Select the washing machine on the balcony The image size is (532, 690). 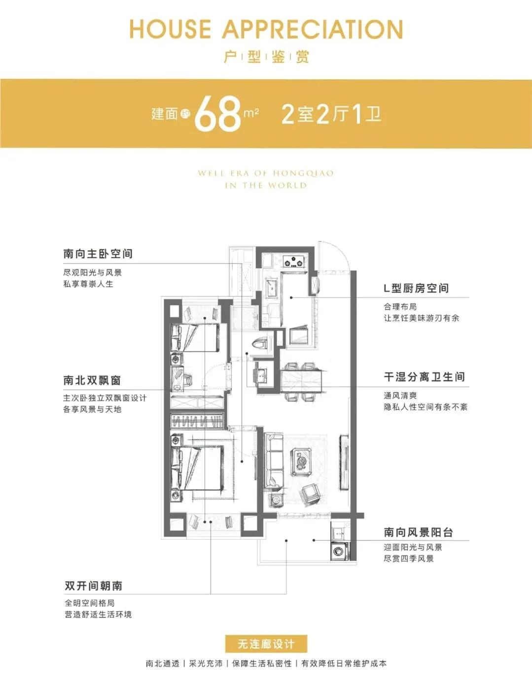[339, 550]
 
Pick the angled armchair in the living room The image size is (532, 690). [311, 493]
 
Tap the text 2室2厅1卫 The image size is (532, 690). [331, 114]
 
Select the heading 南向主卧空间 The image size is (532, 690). [98, 254]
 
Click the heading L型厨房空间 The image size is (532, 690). [416, 289]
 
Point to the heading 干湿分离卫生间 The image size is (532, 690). [424, 377]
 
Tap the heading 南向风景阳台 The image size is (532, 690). [418, 532]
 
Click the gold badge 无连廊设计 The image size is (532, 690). [266, 644]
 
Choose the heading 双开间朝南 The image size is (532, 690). [93, 586]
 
